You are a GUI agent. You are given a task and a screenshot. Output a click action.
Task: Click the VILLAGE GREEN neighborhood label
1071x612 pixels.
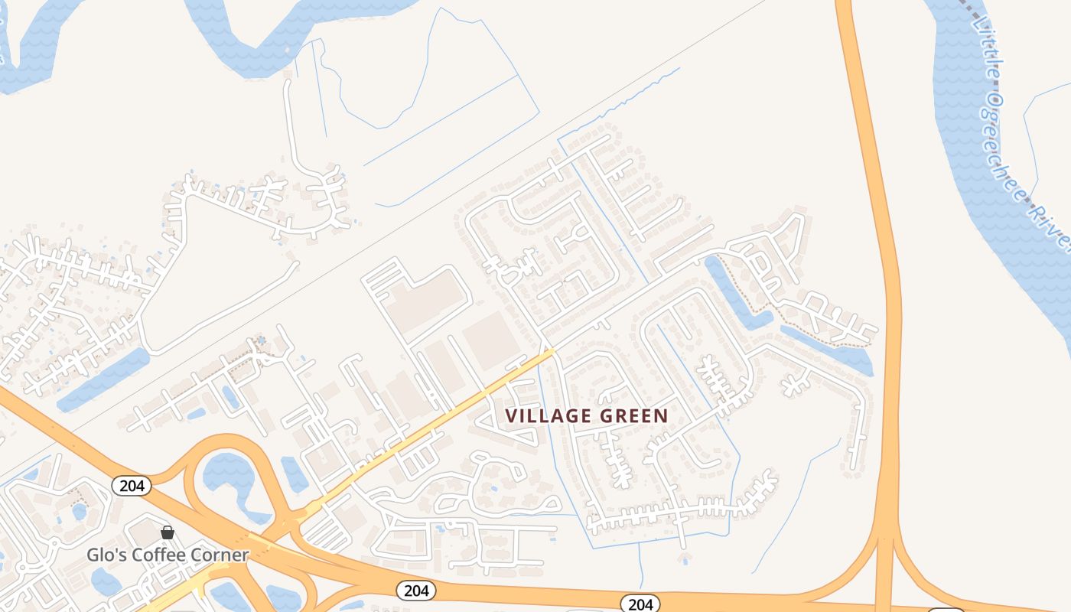(x=587, y=416)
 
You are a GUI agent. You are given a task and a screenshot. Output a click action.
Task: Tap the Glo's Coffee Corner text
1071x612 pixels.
(x=168, y=555)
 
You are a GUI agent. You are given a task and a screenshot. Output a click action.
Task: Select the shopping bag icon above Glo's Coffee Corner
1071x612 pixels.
(x=168, y=532)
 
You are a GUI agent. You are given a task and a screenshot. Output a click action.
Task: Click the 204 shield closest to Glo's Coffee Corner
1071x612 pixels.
(x=132, y=486)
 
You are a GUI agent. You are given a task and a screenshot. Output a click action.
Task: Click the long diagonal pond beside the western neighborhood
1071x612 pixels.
(x=103, y=379)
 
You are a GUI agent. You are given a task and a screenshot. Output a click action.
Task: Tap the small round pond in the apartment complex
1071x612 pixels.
(x=80, y=511)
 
